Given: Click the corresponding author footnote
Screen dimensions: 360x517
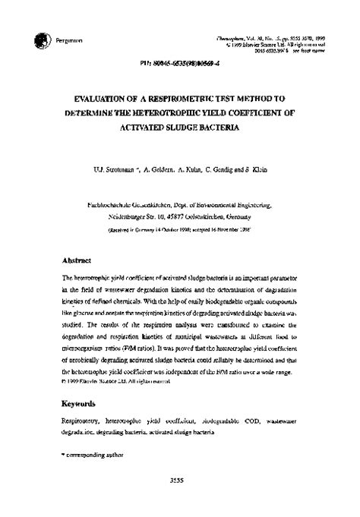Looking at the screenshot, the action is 88,453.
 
